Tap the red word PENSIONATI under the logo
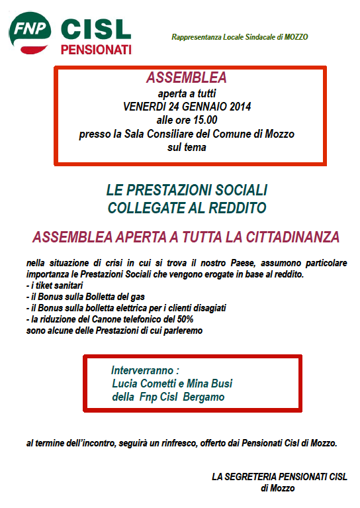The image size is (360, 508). [96, 50]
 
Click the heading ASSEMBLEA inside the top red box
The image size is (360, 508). [186, 77]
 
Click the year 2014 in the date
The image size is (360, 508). [238, 106]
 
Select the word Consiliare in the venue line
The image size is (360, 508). [171, 134]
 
